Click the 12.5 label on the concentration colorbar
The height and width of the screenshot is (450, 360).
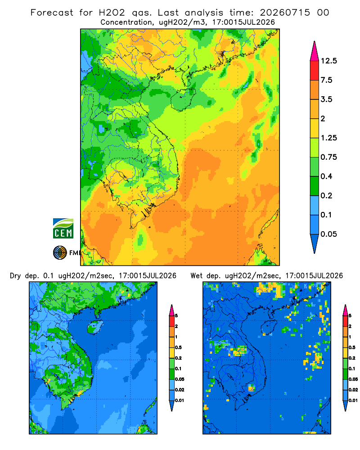(x=328, y=61)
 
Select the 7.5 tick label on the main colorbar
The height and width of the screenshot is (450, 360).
(x=326, y=80)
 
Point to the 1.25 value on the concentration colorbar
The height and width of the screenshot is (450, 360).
(x=328, y=138)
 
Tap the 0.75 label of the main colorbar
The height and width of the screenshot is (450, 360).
(x=328, y=157)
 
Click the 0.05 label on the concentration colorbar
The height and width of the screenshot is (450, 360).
(x=328, y=234)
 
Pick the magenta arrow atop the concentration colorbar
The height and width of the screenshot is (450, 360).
(x=315, y=51)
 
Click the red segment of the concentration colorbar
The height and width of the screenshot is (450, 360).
(x=315, y=71)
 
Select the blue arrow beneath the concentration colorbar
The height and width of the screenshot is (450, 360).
(x=315, y=243)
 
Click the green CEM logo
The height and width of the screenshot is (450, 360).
(x=63, y=229)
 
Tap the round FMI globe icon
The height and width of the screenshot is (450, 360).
(x=60, y=253)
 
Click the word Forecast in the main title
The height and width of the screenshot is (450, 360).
(x=52, y=13)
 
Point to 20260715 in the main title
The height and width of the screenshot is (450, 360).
(x=285, y=13)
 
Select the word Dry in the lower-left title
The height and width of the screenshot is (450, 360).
(x=15, y=276)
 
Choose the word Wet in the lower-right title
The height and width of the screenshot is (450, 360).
(x=197, y=276)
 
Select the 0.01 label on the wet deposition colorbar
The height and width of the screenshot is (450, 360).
(x=353, y=400)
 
